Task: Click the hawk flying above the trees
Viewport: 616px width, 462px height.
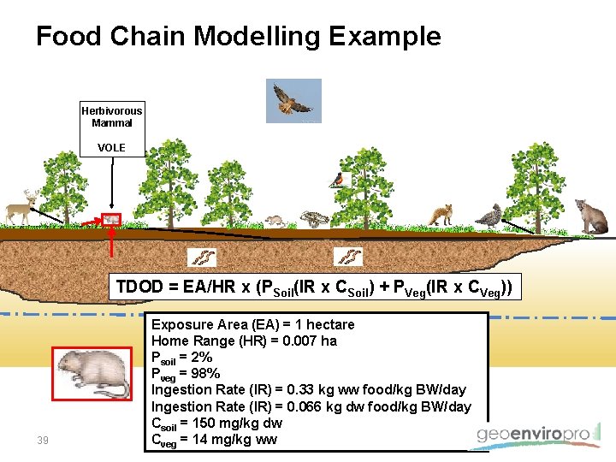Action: point(293,100)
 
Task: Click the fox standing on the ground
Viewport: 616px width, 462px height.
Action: point(441,214)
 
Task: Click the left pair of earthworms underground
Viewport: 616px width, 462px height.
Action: point(202,257)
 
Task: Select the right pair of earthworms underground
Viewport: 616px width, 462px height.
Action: point(349,256)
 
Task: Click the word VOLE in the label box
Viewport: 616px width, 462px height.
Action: point(111,148)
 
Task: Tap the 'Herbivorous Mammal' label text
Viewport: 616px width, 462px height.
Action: point(111,116)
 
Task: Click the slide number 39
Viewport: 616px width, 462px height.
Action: point(43,440)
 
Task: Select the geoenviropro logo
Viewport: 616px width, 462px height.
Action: point(535,435)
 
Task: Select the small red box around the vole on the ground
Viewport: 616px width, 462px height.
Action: point(112,221)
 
